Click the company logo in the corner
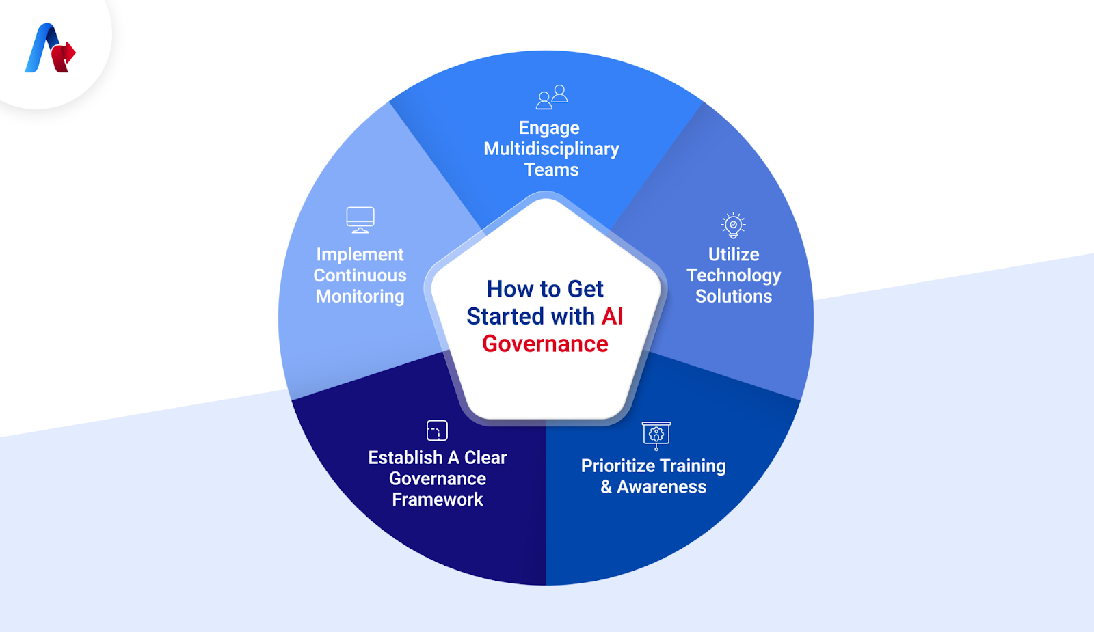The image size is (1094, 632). [50, 49]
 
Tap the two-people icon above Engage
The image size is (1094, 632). [552, 97]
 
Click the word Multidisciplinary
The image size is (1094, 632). [551, 149]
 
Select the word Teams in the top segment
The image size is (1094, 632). [551, 170]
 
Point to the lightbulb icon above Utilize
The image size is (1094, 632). [733, 225]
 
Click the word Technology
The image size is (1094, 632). [733, 275]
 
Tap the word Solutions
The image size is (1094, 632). [733, 297]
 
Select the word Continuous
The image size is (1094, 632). [360, 275]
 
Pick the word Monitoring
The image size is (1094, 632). [360, 297]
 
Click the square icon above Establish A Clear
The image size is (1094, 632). [437, 430]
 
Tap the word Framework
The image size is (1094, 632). [438, 499]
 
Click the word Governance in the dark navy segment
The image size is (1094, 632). [438, 478]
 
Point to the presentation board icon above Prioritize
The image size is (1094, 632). [656, 435]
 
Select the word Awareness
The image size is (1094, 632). [661, 487]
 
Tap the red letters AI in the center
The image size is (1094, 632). [612, 316]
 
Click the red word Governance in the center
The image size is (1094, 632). [545, 344]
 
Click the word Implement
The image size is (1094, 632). [360, 254]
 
